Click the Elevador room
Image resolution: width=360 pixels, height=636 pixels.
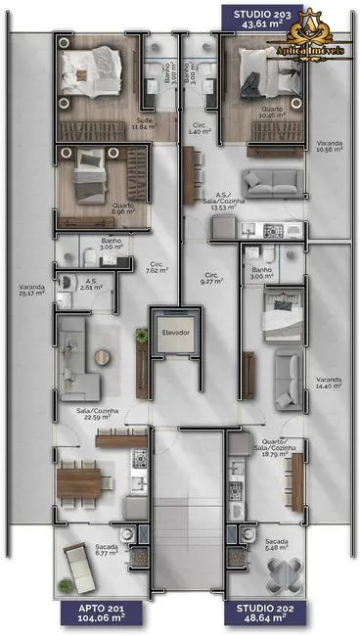(176, 334)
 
